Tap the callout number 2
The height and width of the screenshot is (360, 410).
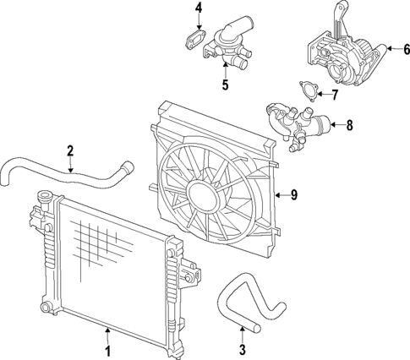click(x=70, y=151)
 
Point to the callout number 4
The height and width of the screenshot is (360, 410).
click(x=199, y=9)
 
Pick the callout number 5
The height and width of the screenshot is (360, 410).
click(x=225, y=85)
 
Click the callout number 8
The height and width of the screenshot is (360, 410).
click(x=350, y=127)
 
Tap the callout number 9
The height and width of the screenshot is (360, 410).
click(x=294, y=195)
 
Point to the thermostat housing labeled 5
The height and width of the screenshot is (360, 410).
click(x=227, y=46)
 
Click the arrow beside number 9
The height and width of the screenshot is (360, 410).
click(x=281, y=195)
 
